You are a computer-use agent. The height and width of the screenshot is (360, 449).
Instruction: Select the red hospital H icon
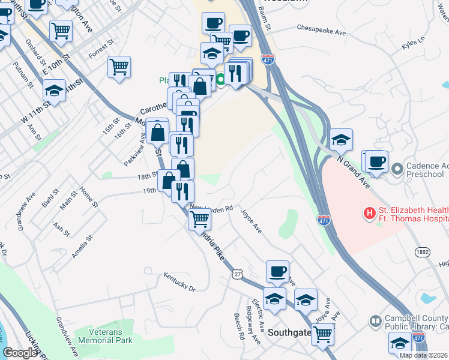pos(370,212)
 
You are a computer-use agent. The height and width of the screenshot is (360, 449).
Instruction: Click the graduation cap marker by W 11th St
pos(55,91)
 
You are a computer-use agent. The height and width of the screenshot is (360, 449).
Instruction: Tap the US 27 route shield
pos(238,274)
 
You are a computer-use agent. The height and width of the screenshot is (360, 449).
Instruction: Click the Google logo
pos(20,353)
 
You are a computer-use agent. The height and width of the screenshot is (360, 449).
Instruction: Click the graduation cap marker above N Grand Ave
pos(341,140)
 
